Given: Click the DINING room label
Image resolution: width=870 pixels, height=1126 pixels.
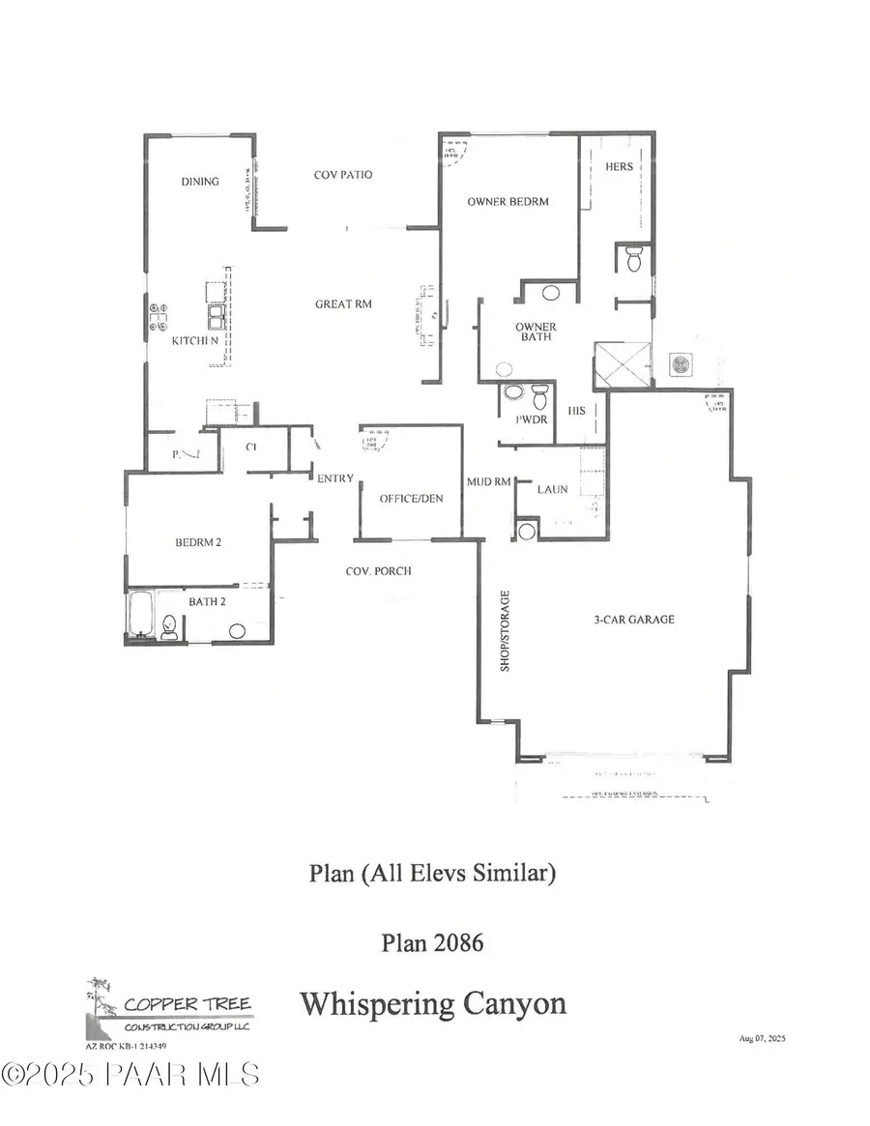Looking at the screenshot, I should coord(200,182).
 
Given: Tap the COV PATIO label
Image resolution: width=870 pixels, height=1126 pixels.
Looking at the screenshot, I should coord(343,176).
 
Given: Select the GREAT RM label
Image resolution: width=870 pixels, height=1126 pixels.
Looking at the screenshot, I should coord(343,304).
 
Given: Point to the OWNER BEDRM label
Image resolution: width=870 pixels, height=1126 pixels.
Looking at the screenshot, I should coord(507,202).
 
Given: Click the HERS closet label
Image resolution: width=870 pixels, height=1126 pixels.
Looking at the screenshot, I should coord(619,167).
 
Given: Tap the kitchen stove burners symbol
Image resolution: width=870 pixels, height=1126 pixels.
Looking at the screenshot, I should coord(157,315).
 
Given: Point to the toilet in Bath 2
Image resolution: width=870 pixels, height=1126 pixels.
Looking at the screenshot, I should coord(169,625).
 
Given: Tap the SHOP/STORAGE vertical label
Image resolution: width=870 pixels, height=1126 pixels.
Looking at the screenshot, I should coord(504,630).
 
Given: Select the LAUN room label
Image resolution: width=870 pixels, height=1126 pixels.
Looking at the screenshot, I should coord(553,490).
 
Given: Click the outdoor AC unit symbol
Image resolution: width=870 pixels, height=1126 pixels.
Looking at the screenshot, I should coord(681,365).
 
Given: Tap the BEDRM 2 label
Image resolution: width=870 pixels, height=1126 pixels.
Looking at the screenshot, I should coord(198,542).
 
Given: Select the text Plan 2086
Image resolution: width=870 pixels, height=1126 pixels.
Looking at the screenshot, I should coord(432,942).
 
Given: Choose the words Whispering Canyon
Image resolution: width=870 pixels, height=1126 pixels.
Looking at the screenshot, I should coord(432,1003).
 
